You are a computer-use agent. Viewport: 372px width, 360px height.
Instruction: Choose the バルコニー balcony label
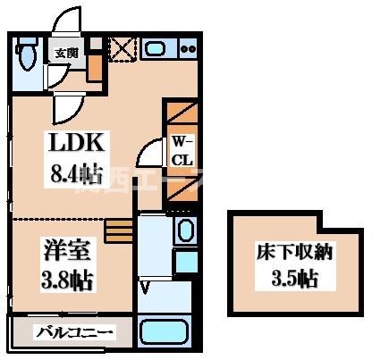coord(74,334)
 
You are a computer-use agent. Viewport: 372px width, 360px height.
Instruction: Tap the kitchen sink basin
coord(158,49)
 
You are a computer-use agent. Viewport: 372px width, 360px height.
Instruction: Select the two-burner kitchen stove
coord(187,49)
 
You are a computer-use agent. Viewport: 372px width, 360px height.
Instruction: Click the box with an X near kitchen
coord(121,49)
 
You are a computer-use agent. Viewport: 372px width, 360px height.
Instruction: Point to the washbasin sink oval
coord(185,230)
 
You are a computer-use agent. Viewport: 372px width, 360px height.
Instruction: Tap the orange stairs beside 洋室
coord(117,230)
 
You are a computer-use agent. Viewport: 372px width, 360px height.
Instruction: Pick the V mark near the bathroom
coord(146,286)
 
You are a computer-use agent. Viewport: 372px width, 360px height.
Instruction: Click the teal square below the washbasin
coord(186,262)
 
